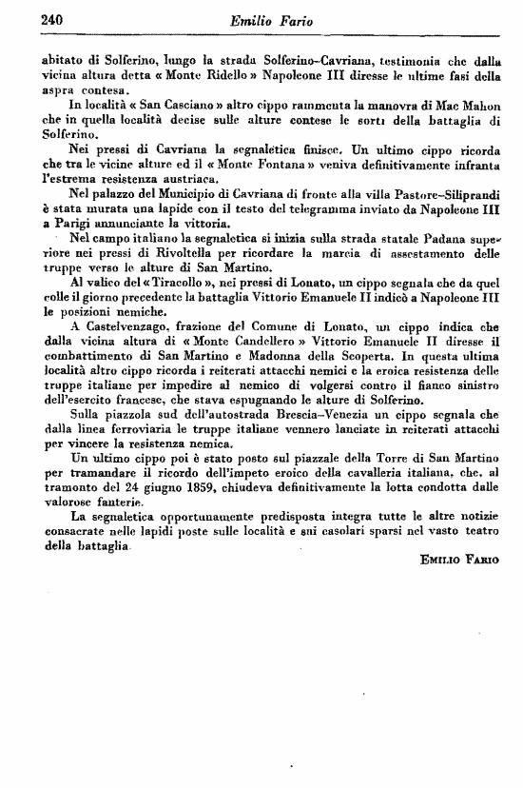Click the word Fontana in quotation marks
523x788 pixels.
coord(304,167)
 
